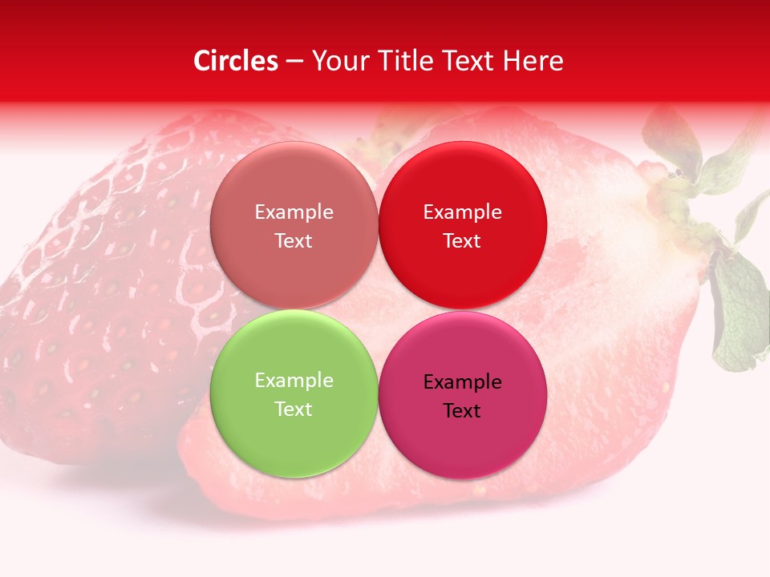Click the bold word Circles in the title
tap(235, 61)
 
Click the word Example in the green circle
tap(294, 381)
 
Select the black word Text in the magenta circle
tap(462, 411)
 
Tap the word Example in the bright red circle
tap(462, 212)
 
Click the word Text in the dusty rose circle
tap(294, 241)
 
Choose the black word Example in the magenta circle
tap(462, 382)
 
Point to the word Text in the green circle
tap(294, 410)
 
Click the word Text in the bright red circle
tap(462, 241)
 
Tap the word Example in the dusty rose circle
tap(294, 212)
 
